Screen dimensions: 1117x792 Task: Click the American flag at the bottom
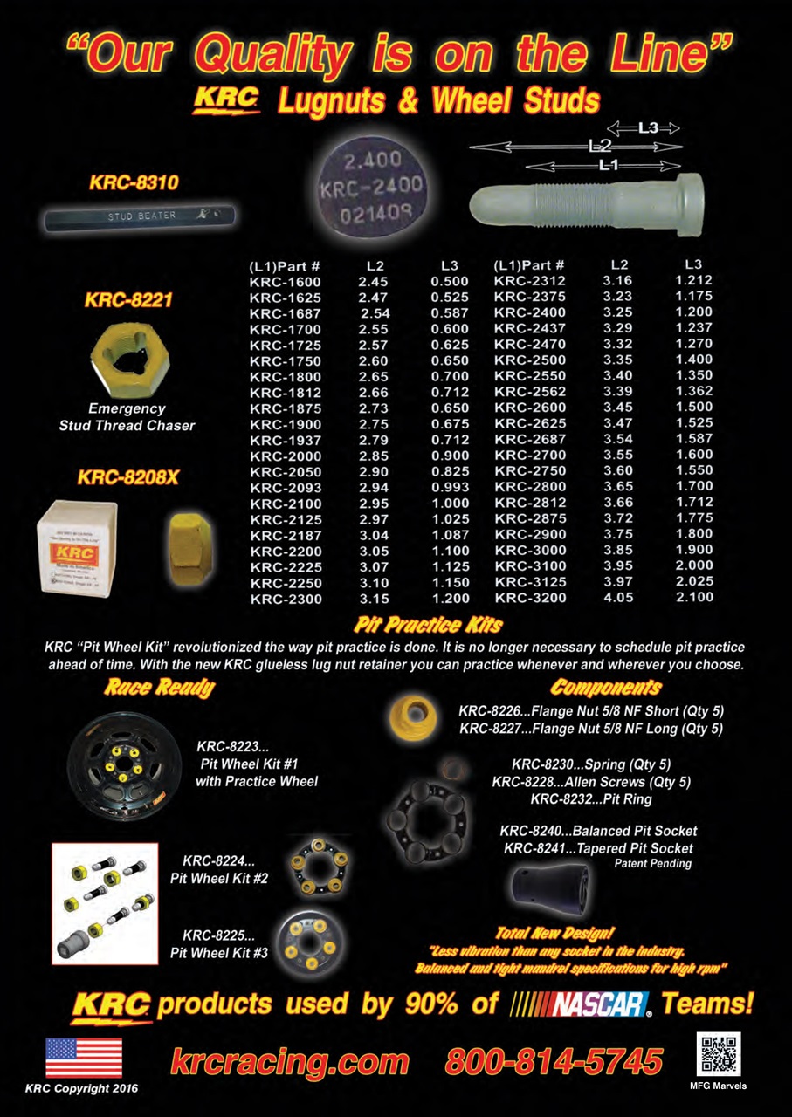click(x=84, y=1058)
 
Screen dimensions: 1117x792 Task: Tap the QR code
click(x=719, y=1053)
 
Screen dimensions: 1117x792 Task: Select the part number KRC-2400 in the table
click(x=530, y=312)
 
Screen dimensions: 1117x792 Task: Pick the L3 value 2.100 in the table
click(x=694, y=598)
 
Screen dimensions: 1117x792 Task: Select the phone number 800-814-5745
click(x=554, y=1061)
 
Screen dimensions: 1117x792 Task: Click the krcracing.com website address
click(x=289, y=1061)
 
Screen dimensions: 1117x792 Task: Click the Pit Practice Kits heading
click(x=428, y=625)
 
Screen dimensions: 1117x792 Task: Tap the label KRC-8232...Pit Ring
click(x=590, y=798)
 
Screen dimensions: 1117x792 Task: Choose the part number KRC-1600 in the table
click(x=285, y=281)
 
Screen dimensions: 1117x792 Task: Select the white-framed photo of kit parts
click(x=105, y=903)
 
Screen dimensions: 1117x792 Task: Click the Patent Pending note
click(x=652, y=864)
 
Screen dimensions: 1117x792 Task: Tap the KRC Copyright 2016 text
click(x=81, y=1088)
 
